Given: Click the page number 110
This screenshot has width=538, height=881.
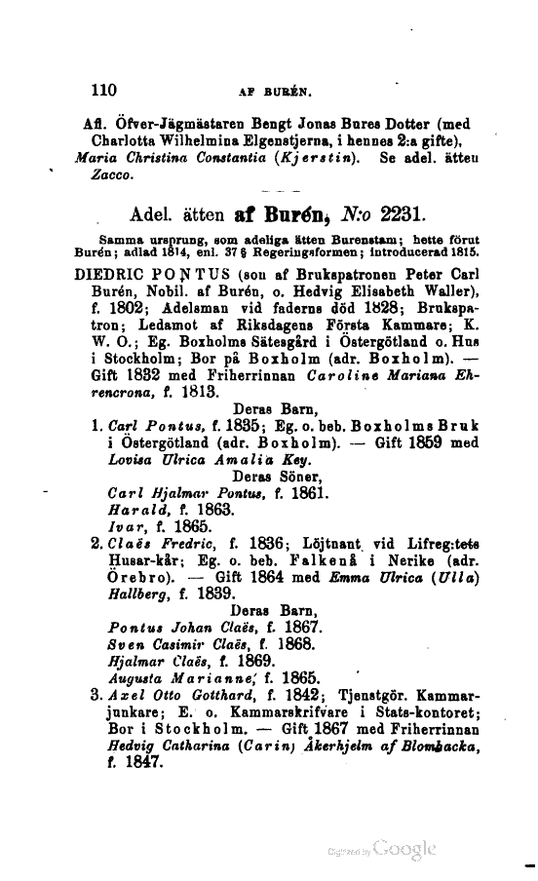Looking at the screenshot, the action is (102, 91).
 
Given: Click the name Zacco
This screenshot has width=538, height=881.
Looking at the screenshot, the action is (96, 177).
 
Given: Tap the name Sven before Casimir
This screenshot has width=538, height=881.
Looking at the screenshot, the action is (125, 643).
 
